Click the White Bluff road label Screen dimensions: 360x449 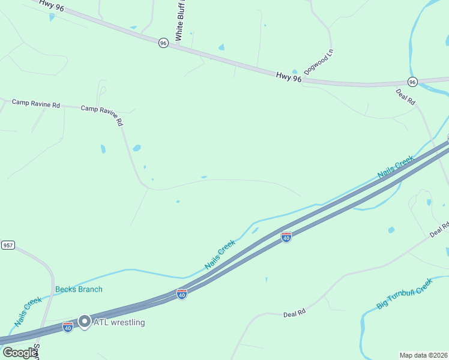pos(179,22)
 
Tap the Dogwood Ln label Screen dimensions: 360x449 pos(318,62)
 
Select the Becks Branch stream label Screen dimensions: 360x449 pos(79,289)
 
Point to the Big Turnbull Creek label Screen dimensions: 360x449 pos(404,293)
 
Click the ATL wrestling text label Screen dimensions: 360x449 pos(119,322)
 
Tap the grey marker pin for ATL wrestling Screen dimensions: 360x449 pos(85,322)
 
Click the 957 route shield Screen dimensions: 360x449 pos(8,246)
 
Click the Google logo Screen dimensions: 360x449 pos(19,353)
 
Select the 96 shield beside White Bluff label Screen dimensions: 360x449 pos(163,43)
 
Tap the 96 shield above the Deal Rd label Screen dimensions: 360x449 pos(412,82)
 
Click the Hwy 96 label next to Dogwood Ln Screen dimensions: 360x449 pos(289,77)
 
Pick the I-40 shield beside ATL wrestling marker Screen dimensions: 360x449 pos(68,327)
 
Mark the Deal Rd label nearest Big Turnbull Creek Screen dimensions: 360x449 pos(295,313)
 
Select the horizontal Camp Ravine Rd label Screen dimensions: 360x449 pos(36,104)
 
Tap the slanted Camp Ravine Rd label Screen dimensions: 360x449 pos(102,114)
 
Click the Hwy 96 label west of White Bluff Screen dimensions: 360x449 pos(52,4)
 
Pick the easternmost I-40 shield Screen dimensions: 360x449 pos(286,237)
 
